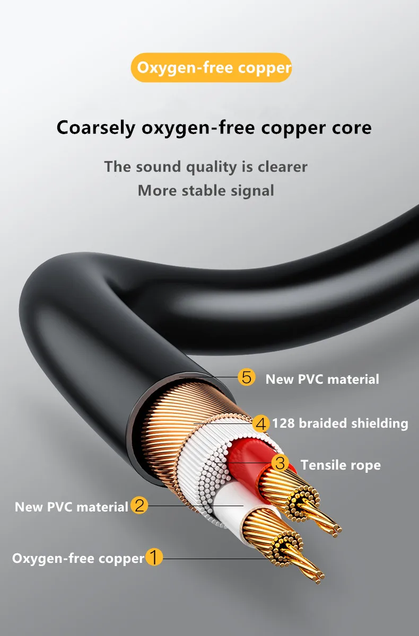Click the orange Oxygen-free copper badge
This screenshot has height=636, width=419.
coord(211,68)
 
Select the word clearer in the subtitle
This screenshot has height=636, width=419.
coord(282,166)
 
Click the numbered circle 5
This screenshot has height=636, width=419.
coord(246,378)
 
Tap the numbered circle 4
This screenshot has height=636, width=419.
coord(260,423)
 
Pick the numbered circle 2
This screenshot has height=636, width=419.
coord(139,506)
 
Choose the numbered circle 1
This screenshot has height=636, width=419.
coord(154,558)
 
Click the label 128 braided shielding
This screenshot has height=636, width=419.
coord(340,423)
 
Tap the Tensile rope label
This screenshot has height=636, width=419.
coord(341,465)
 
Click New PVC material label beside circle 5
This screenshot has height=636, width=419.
coord(322,379)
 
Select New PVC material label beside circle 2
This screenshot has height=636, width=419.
coord(71,507)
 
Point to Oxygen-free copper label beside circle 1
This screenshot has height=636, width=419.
coord(78,558)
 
